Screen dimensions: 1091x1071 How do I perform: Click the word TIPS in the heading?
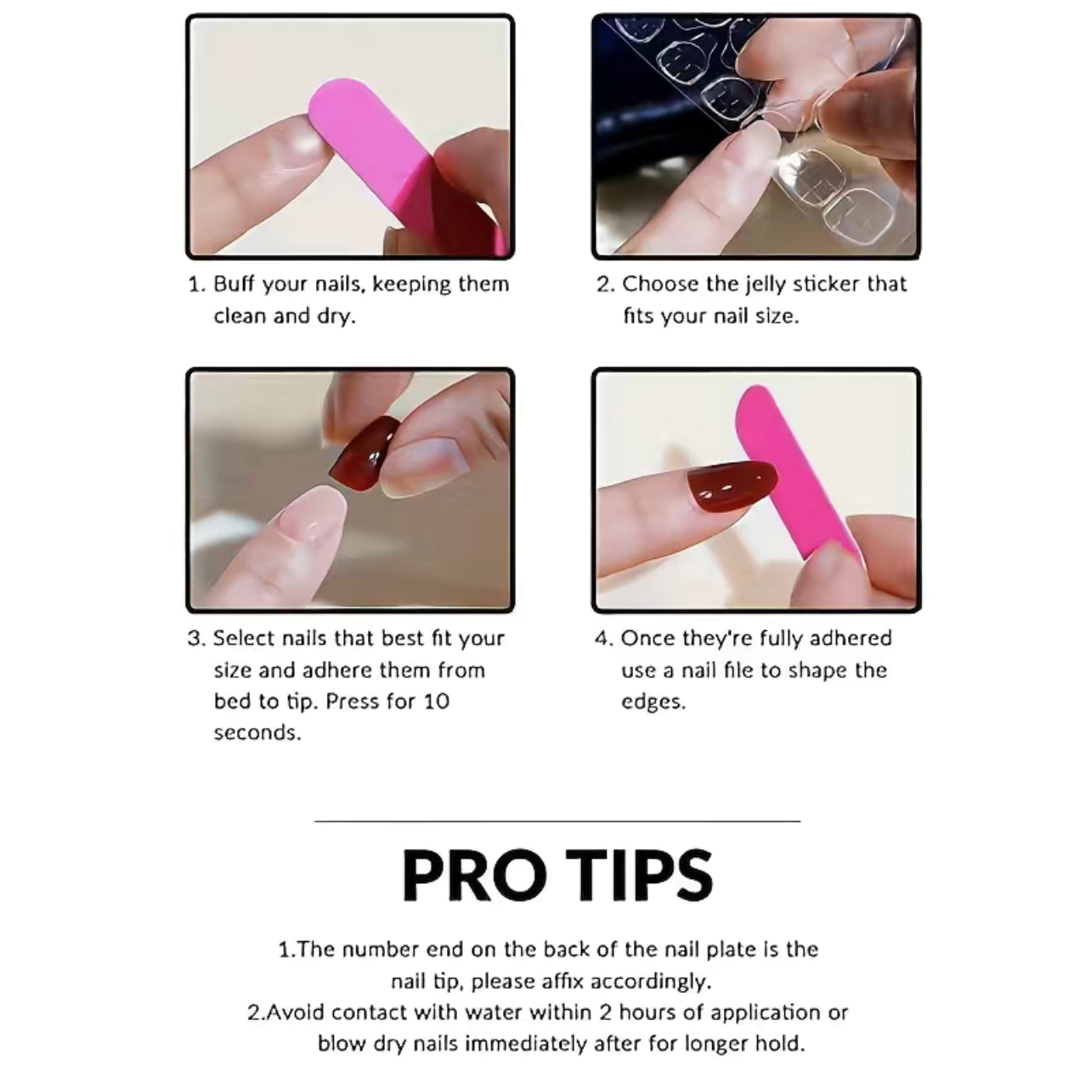(639, 876)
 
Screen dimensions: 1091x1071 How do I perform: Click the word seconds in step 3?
(257, 734)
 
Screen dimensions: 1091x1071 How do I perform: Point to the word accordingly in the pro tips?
(652, 982)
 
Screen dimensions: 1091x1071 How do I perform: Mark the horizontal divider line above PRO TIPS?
(557, 820)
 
